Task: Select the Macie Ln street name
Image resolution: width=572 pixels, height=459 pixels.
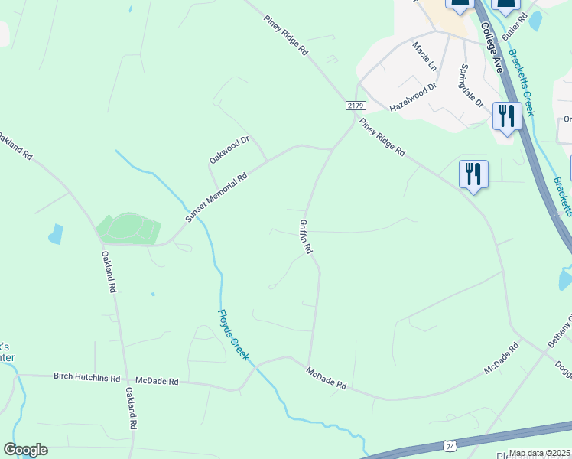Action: pyautogui.click(x=424, y=57)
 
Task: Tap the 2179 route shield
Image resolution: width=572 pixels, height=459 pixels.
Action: pyautogui.click(x=356, y=105)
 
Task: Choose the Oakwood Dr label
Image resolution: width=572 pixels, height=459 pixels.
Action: pyautogui.click(x=230, y=150)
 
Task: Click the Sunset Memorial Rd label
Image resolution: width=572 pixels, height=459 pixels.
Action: pyautogui.click(x=216, y=198)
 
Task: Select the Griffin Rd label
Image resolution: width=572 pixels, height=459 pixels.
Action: pyautogui.click(x=306, y=236)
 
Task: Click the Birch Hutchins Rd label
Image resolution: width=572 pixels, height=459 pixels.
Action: pyautogui.click(x=86, y=378)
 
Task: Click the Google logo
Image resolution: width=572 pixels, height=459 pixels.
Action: pyautogui.click(x=25, y=450)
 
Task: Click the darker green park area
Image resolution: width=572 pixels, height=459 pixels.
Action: pyautogui.click(x=128, y=228)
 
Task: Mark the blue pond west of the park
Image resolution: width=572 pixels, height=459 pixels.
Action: pyautogui.click(x=55, y=234)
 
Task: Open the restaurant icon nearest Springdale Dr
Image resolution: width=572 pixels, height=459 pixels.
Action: pyautogui.click(x=506, y=116)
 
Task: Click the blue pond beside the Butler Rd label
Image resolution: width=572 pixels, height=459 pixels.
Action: pyautogui.click(x=535, y=21)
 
